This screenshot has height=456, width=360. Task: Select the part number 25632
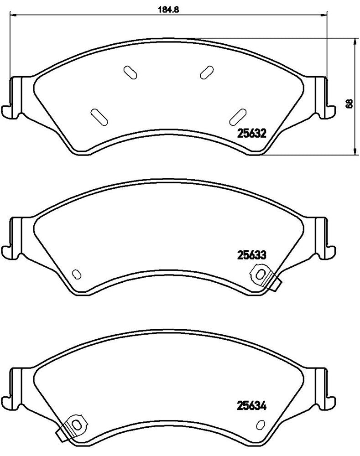pos(251,133)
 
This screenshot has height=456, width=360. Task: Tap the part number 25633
pos(251,255)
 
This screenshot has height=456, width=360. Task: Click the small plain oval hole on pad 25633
pos(77,274)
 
